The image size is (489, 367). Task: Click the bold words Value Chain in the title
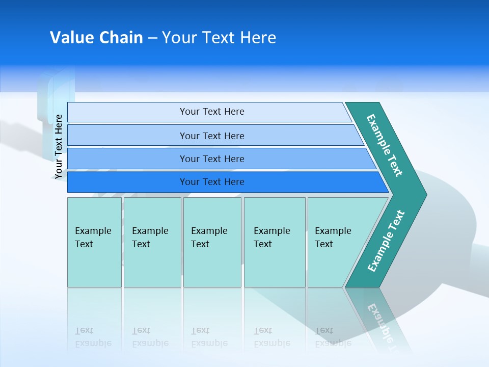pyautogui.click(x=96, y=38)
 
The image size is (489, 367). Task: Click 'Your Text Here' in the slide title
pyautogui.click(x=219, y=38)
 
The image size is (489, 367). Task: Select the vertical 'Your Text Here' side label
pyautogui.click(x=59, y=146)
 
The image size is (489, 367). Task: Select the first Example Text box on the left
pyautogui.click(x=94, y=242)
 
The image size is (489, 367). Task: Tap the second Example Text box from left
pyautogui.click(x=152, y=242)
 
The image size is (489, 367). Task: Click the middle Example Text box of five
pyautogui.click(x=212, y=242)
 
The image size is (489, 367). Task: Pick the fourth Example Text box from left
pyautogui.click(x=275, y=242)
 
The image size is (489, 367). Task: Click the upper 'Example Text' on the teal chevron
pyautogui.click(x=385, y=145)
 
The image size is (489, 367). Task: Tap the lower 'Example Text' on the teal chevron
pyautogui.click(x=386, y=241)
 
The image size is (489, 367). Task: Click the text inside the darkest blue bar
pyautogui.click(x=212, y=182)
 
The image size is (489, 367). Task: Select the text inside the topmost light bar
pyautogui.click(x=212, y=112)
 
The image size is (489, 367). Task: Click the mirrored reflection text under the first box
pyautogui.click(x=93, y=337)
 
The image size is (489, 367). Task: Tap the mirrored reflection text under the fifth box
pyautogui.click(x=333, y=337)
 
